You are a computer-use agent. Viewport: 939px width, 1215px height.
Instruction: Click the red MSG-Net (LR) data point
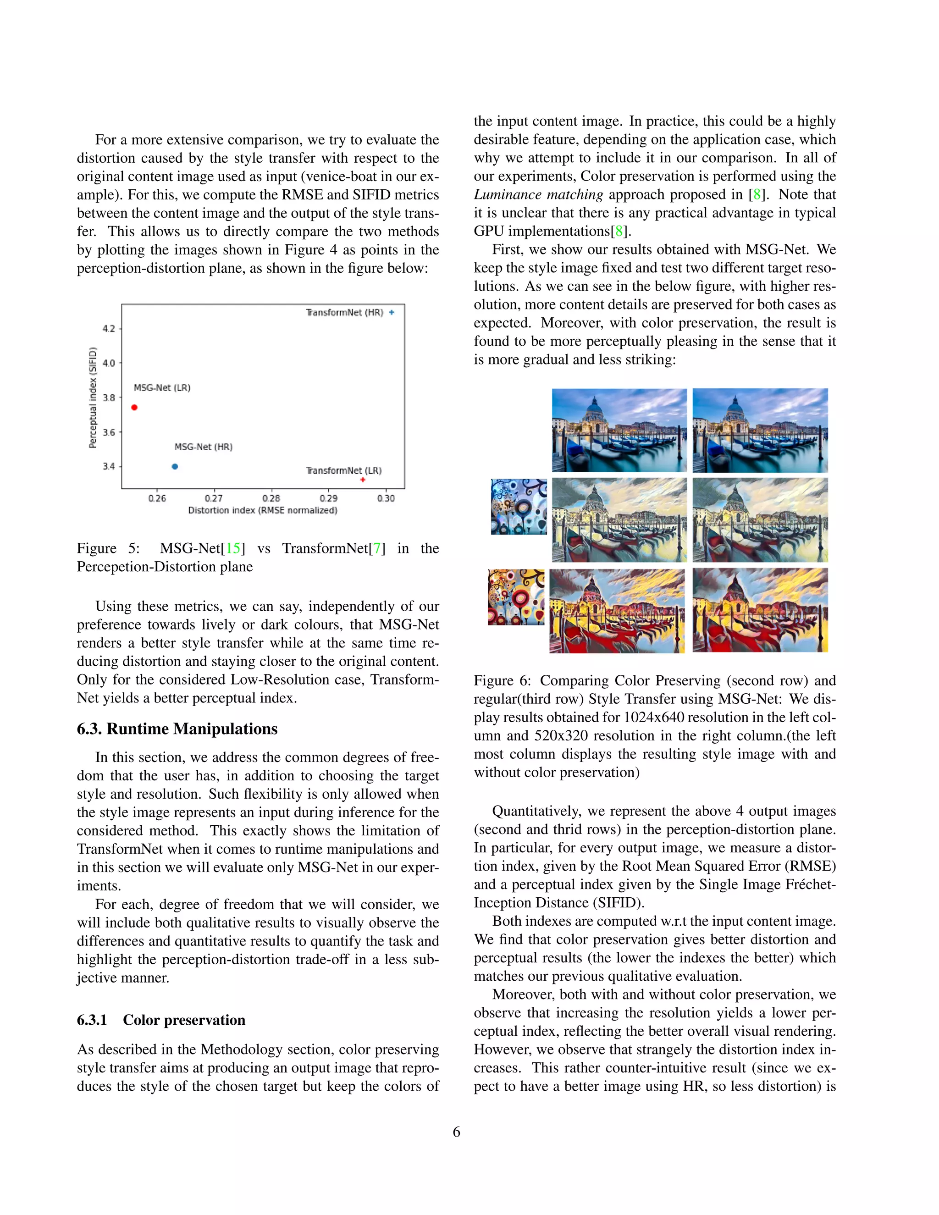[134, 407]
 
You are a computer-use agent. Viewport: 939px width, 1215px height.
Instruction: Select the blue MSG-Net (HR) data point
[175, 466]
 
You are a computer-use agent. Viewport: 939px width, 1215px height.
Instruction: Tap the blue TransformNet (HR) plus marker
[392, 312]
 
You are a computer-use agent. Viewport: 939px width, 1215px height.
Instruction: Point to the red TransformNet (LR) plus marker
[363, 480]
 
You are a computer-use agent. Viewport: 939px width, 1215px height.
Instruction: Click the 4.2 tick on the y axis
[109, 328]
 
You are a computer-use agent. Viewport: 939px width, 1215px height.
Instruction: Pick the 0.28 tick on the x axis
[271, 498]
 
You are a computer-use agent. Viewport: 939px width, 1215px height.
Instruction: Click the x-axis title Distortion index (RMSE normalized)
[263, 510]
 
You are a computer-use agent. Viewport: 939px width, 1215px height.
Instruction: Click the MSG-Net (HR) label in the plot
[204, 447]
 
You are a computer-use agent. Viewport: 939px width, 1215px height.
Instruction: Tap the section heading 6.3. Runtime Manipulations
[177, 729]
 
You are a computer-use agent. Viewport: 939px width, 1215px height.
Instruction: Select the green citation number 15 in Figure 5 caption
[232, 548]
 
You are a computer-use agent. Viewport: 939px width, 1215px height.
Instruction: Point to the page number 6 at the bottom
[456, 1132]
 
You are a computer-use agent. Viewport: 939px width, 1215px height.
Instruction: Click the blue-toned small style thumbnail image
[519, 507]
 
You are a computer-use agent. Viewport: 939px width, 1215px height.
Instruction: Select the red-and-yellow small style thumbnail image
[516, 597]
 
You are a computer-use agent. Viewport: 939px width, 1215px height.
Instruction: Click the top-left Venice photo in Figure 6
[619, 430]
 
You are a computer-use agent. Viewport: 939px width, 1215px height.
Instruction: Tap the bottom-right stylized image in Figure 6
[760, 610]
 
